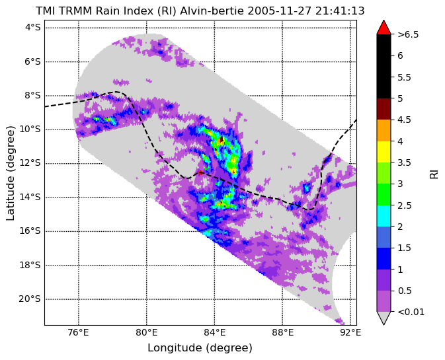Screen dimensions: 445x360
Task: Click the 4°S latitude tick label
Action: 33,28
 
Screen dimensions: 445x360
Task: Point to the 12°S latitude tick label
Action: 30,163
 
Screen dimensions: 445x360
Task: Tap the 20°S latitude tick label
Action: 30,299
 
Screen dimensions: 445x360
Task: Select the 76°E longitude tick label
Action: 78,333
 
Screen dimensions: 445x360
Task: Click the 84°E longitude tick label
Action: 214,333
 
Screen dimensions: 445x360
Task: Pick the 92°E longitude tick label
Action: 351,333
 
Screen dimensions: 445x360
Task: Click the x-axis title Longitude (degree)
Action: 200,348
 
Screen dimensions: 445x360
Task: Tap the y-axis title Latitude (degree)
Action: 10,173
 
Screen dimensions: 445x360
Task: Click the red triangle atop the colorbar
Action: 384,28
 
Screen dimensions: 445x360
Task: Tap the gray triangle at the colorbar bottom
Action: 384,317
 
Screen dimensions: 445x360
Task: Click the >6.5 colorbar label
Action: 408,34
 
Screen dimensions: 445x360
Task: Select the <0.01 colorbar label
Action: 411,312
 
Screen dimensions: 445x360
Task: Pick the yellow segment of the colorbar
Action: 384,152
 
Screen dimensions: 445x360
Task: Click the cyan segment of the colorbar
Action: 384,216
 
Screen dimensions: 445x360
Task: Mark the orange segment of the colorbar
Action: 384,130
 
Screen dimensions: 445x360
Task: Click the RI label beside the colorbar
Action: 434,174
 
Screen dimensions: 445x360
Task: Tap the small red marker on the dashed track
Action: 200,172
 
